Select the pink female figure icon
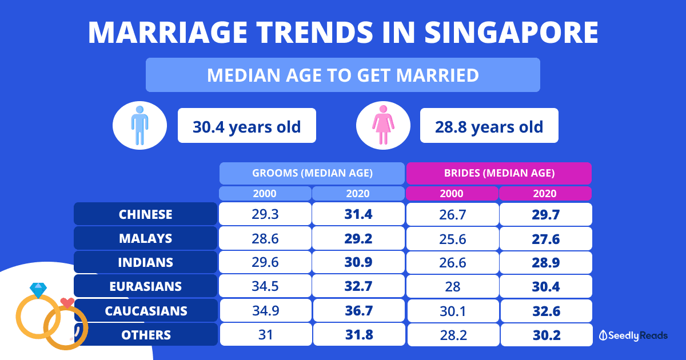coord(383,126)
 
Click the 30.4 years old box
coord(246,126)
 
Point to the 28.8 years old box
coord(489,126)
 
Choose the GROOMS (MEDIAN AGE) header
coord(312,173)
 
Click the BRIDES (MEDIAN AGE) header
coord(498,173)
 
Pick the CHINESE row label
coord(145,214)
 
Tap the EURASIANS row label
coord(145,286)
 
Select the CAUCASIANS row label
coord(145,311)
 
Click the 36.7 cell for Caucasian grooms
coord(358,311)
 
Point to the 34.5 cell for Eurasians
coord(265,286)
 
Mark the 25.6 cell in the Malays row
coord(452,238)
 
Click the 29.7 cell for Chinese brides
coord(545,214)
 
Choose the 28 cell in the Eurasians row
coord(452,286)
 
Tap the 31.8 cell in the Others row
coord(358,335)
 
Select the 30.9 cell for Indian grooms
coord(358,262)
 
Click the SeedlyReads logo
coord(633,336)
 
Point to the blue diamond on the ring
coord(38,290)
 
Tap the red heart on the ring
coord(67,302)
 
